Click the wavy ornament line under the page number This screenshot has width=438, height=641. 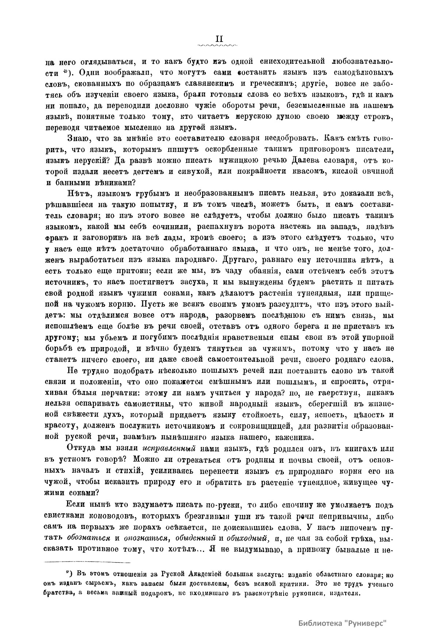(x=216, y=46)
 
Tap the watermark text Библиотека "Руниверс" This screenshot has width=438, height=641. (x=342, y=623)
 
